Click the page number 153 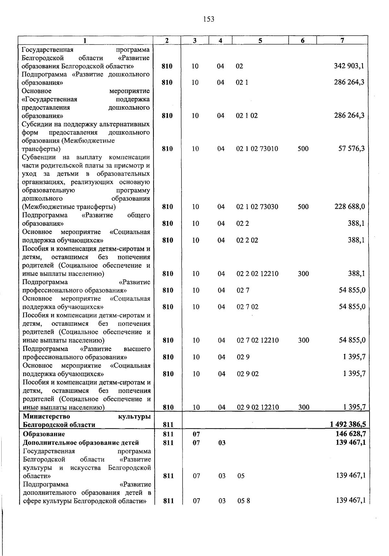209,19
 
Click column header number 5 260,41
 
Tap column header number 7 342,41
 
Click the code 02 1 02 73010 257,149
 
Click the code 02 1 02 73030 257,207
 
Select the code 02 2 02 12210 257,274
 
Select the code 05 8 243,501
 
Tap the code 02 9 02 248,374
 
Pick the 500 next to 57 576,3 303,149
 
